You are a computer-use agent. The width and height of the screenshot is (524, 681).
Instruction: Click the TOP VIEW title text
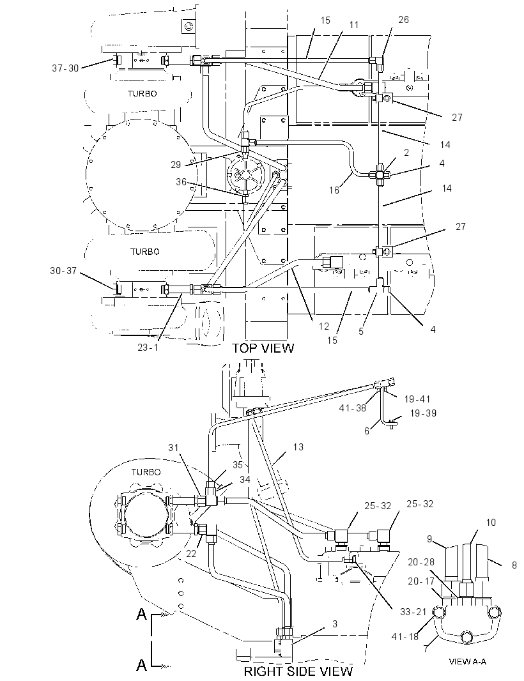(263, 348)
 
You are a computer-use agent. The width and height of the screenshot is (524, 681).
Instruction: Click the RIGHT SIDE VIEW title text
(298, 671)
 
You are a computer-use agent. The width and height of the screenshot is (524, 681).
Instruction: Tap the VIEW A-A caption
(468, 661)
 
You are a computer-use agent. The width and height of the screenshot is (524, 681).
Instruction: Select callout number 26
(403, 20)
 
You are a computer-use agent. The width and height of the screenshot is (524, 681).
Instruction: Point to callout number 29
(176, 164)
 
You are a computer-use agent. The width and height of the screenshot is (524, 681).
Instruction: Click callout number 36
(181, 181)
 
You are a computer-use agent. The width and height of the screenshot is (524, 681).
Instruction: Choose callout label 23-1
(148, 348)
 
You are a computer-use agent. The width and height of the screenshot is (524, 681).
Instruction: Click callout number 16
(334, 190)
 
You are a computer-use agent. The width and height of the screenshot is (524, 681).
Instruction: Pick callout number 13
(298, 447)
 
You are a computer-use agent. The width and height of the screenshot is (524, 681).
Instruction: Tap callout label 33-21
(414, 611)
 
